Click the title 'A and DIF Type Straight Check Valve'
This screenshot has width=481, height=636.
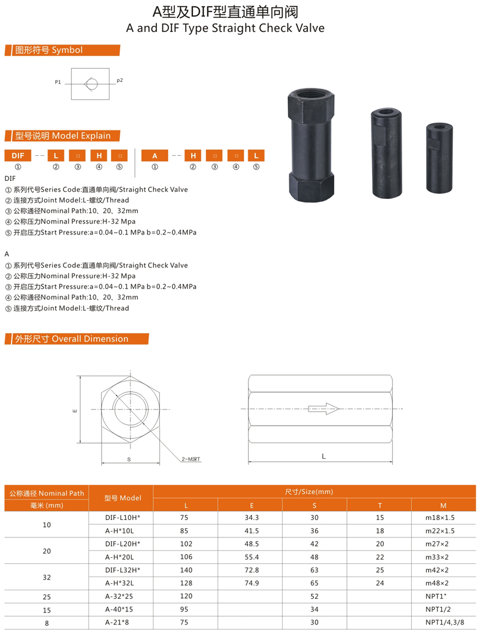[225, 28]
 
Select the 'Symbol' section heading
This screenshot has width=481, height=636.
[48, 50]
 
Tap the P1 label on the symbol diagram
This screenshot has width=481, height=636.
[58, 82]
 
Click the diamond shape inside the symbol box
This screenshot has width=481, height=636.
[90, 84]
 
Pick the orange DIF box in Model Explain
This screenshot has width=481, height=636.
[17, 156]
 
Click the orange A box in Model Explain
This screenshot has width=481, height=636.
[155, 156]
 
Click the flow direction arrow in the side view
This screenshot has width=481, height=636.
[323, 409]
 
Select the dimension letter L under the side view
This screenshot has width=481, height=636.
[323, 456]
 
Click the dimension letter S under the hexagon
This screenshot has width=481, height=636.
[129, 459]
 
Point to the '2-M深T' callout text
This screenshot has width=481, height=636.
[191, 459]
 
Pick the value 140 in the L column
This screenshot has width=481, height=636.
[185, 569]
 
